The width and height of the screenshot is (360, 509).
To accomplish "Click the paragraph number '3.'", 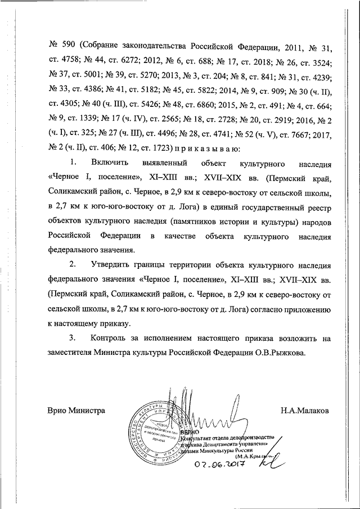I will pos(73,338).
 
